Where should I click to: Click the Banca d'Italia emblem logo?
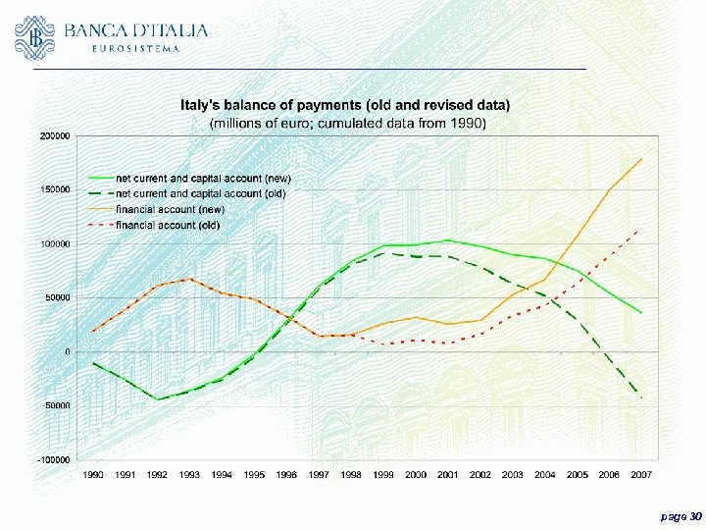35,36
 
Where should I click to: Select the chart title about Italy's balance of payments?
344,104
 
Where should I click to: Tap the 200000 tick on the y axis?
54,136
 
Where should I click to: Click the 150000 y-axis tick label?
54,189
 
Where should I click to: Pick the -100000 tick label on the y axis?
53,459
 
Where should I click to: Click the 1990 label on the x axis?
93,474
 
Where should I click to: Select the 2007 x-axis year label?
642,474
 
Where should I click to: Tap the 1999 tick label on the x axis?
383,474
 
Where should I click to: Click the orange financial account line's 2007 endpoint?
642,158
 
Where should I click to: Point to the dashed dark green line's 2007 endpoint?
642,397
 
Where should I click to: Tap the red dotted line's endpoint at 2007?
642,229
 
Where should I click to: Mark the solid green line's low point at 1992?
157,399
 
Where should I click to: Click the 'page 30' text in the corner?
681,515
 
